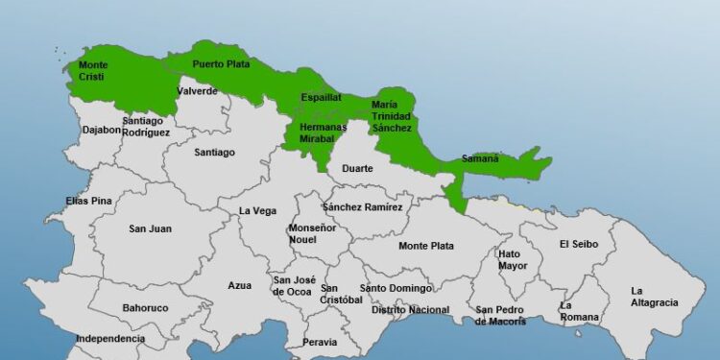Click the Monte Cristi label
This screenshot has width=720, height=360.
click(92, 71)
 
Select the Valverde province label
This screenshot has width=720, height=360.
click(198, 91)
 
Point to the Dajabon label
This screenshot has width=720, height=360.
click(102, 129)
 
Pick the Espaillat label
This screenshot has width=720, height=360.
click(321, 97)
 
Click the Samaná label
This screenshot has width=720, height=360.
click(480, 158)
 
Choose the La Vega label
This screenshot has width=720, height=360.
click(257, 211)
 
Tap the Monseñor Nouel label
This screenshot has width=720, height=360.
click(313, 233)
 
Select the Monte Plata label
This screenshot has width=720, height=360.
click(426, 246)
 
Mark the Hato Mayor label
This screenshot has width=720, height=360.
click(513, 259)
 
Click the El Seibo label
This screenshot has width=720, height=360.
click(579, 244)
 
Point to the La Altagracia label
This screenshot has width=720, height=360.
click(655, 296)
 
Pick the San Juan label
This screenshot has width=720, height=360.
click(150, 228)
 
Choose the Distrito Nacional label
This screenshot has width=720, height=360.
click(410, 309)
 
